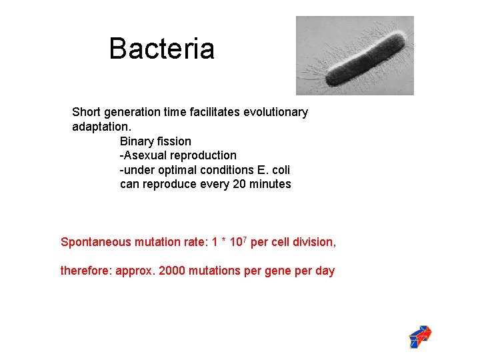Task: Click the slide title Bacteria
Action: pos(161,49)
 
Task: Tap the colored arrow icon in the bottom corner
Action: pos(420,337)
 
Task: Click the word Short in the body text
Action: pos(87,112)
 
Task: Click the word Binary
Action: pos(137,141)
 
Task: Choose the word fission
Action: pos(174,141)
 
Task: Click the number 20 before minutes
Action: pos(240,184)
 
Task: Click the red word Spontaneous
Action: pos(96,242)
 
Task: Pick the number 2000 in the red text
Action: pos(174,271)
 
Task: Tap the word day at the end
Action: pos(325,271)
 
